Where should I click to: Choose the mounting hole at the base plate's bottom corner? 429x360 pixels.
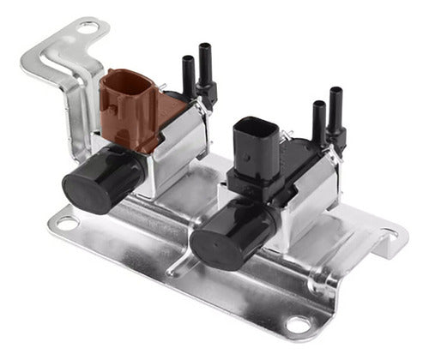coord(297,325)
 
